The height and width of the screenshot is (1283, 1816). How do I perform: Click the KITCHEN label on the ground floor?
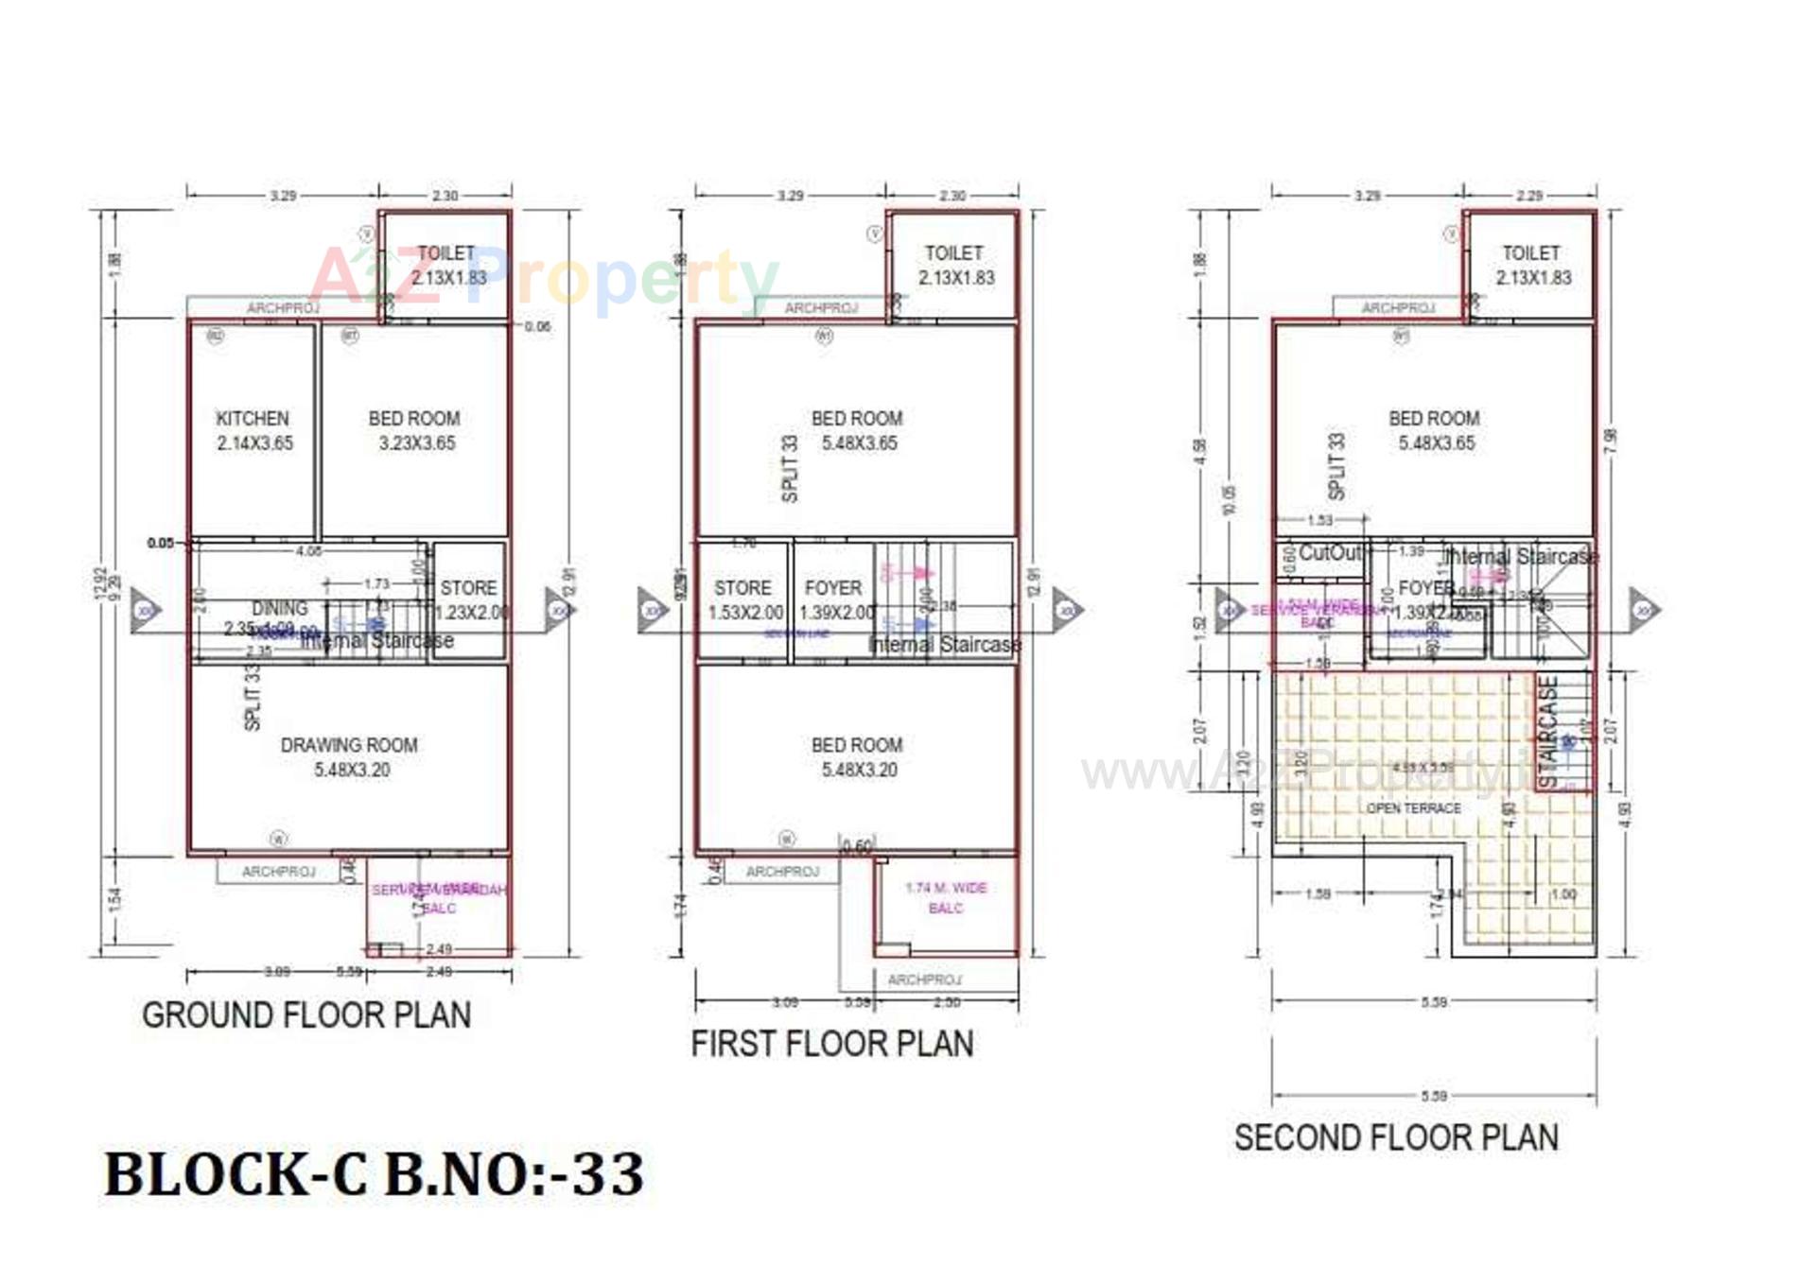[x=253, y=419]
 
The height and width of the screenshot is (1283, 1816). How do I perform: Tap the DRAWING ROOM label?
[x=349, y=745]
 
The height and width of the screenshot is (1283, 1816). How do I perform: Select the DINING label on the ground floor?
[x=280, y=608]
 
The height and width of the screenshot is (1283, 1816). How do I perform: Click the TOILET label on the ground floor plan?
[x=446, y=253]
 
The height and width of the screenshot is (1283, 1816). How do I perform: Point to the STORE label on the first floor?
[x=742, y=588]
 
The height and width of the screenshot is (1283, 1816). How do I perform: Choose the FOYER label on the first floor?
[x=833, y=588]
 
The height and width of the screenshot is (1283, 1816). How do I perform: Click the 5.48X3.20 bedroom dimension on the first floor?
[x=859, y=770]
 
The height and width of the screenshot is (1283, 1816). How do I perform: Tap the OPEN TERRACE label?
[x=1414, y=808]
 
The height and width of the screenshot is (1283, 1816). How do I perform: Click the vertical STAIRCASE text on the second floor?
[x=1548, y=733]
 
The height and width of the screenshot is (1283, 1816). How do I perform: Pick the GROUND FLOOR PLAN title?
[x=306, y=1015]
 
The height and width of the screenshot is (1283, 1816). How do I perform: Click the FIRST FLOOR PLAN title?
[x=832, y=1044]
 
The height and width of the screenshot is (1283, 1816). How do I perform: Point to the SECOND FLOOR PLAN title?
[x=1396, y=1137]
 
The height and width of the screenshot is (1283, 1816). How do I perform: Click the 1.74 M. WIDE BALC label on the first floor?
[x=946, y=897]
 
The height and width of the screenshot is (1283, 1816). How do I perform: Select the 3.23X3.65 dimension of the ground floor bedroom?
[x=417, y=443]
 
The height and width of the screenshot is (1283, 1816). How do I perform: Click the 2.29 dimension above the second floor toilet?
[x=1529, y=196]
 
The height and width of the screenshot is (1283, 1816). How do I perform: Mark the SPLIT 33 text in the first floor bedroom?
[x=790, y=468]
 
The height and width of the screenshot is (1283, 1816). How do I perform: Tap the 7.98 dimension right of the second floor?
[x=1612, y=441]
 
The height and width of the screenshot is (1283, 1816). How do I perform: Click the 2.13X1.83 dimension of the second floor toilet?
[x=1533, y=278]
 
